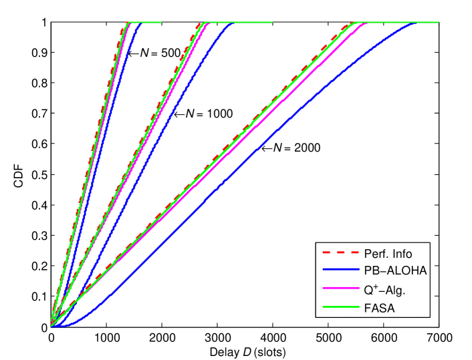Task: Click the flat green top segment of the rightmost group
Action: click(x=401, y=23)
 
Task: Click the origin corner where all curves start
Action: click(x=51, y=327)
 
